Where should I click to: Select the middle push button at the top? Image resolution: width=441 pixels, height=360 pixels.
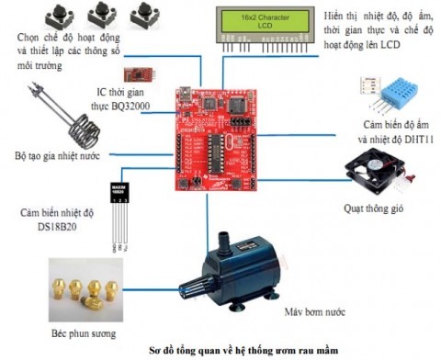[103, 17]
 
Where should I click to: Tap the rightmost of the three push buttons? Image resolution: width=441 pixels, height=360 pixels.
[143, 17]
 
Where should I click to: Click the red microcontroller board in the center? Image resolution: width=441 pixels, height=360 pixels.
[219, 138]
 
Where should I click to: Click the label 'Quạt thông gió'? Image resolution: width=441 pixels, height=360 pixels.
[372, 208]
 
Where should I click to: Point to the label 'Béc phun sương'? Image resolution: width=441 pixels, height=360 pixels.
[84, 332]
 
